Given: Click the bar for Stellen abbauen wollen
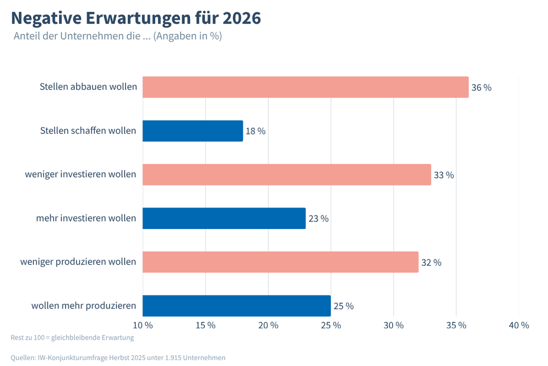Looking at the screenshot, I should (305, 87).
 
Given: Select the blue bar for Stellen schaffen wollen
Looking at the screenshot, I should (192, 131).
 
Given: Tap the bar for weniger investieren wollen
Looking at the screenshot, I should (286, 175).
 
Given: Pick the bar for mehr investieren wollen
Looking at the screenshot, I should (223, 218).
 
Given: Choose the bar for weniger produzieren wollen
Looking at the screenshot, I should (280, 262).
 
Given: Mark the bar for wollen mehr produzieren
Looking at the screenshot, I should (236, 306).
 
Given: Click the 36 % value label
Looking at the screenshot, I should (481, 88).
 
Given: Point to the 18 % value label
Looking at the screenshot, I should (256, 131).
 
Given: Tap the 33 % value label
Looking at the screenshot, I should (444, 175).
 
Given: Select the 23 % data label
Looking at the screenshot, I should (318, 219).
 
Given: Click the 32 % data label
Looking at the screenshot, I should (431, 262).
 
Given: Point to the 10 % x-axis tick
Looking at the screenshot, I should (142, 325).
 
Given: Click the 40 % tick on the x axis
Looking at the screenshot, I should (518, 325).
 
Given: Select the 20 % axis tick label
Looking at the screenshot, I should (268, 325).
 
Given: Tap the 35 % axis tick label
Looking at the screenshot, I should (456, 325).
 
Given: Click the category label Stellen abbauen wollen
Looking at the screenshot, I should (88, 87).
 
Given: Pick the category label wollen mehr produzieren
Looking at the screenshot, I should (83, 306).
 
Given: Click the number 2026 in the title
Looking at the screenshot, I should (241, 18).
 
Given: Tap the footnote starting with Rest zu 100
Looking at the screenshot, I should (72, 338).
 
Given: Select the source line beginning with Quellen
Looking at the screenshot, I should (118, 357).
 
